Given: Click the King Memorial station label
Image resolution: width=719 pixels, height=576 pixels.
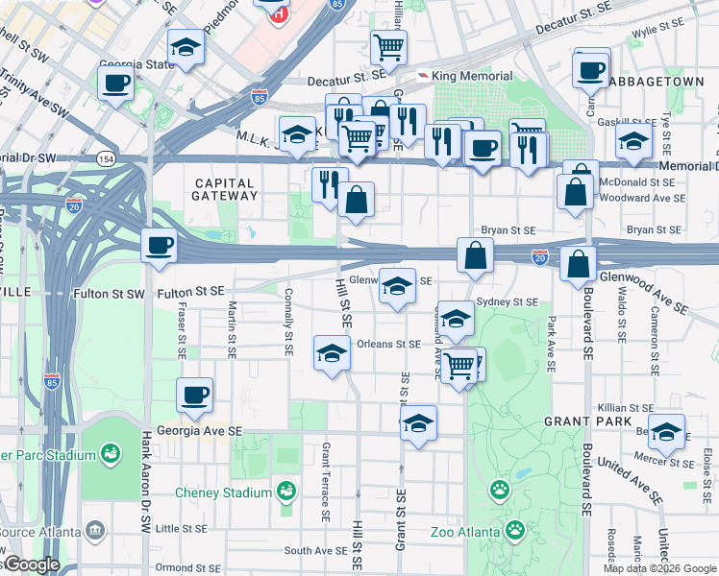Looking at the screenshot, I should pos(464,76).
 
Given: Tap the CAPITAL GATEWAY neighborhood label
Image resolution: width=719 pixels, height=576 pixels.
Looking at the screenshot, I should pos(225,189).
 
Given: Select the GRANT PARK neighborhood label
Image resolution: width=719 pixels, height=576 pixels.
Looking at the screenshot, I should pos(587,421).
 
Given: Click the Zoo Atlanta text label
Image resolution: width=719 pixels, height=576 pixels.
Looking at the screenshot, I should pos(465,531).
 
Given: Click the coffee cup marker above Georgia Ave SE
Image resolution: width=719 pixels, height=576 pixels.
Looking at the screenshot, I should pos(194,395).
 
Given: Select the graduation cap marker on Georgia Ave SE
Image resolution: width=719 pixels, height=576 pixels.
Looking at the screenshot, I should pos(418,422).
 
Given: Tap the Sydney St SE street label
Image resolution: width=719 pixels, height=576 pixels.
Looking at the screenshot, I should pos(508,301).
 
